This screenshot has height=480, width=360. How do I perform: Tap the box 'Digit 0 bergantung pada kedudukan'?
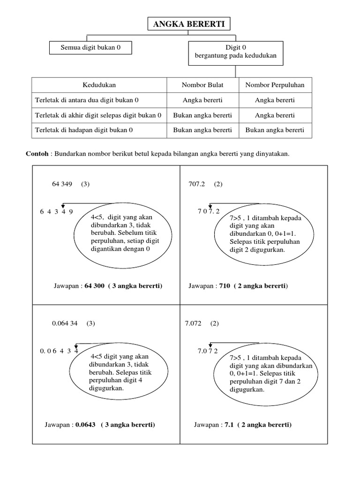tap(236, 52)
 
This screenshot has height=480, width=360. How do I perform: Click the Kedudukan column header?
tap(99, 85)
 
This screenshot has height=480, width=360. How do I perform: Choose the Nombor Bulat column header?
tap(202, 85)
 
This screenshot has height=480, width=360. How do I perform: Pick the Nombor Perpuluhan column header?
tap(275, 85)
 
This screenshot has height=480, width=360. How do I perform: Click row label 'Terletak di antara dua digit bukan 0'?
tap(87, 100)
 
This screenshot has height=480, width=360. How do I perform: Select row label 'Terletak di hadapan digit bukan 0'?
tap(84, 130)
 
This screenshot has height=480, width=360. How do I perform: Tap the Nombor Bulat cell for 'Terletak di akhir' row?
tap(202, 115)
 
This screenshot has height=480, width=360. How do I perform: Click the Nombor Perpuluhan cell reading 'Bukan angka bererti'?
tap(275, 130)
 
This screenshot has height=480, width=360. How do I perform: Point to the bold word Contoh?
tap(37, 154)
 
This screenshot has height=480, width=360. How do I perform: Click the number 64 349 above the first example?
tap(62, 184)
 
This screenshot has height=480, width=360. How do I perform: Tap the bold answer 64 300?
tap(94, 285)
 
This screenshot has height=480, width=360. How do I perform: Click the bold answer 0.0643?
tap(85, 425)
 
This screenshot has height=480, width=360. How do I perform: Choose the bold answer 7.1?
tap(228, 425)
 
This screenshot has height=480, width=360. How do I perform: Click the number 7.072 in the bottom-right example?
tap(195, 323)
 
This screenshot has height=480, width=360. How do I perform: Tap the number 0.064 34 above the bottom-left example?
tap(65, 323)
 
